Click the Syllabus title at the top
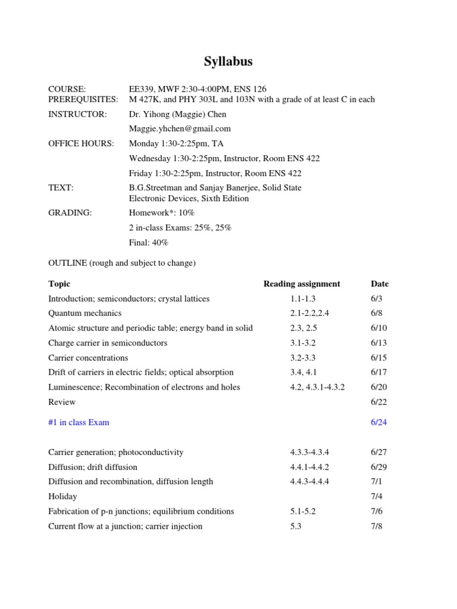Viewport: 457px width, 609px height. [x=228, y=62]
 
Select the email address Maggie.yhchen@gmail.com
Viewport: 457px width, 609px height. [x=180, y=128]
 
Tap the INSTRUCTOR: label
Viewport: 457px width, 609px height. [x=77, y=114]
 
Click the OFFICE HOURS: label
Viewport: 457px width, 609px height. [x=81, y=143]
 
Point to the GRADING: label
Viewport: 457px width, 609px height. [x=70, y=213]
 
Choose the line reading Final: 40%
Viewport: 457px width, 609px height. [x=149, y=243]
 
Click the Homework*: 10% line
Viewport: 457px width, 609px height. [x=162, y=213]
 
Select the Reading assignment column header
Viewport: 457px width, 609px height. [x=302, y=284]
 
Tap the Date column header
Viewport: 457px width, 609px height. [x=379, y=284]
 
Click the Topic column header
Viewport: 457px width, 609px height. [x=59, y=284]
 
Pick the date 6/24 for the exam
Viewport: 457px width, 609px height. [x=378, y=422]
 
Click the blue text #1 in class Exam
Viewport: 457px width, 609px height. [x=79, y=422]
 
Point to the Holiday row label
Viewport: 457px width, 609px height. [x=62, y=496]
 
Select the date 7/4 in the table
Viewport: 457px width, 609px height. [x=376, y=496]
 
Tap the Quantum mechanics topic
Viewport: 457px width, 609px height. [x=84, y=313]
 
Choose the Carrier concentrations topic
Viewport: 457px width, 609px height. [x=88, y=357]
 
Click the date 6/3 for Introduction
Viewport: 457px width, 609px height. [x=376, y=299]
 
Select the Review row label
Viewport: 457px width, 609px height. [x=62, y=402]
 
